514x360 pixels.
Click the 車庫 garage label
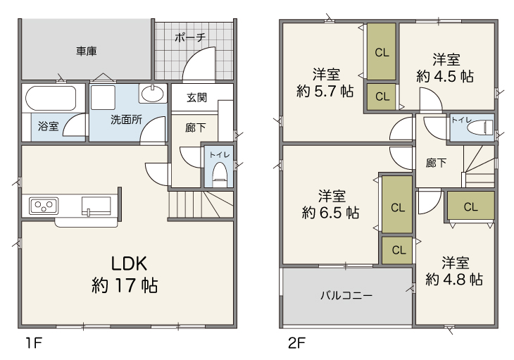pos(87,51)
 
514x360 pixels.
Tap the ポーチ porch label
pos(190,37)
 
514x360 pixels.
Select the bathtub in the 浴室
pos(51,98)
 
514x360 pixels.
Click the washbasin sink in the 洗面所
pos(152,94)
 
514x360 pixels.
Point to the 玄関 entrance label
pos(197,97)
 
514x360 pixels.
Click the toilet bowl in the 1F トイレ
pos(220,173)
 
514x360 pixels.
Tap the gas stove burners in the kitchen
pos(44,206)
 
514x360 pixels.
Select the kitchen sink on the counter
pos(96,206)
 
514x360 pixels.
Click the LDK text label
pos(129,263)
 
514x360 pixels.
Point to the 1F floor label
pos(34,343)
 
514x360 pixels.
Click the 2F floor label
pos(296,343)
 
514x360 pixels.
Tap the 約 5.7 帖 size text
pos(325,91)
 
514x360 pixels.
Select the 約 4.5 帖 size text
pos(445,76)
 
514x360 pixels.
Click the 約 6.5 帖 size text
pos(330,213)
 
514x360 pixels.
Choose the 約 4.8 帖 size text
pos(454,280)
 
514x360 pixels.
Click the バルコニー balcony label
pos(346,295)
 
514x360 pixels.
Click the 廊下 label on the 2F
pos(436,163)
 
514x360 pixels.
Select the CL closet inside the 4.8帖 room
pos(471,206)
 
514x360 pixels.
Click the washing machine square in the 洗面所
pos(103,97)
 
